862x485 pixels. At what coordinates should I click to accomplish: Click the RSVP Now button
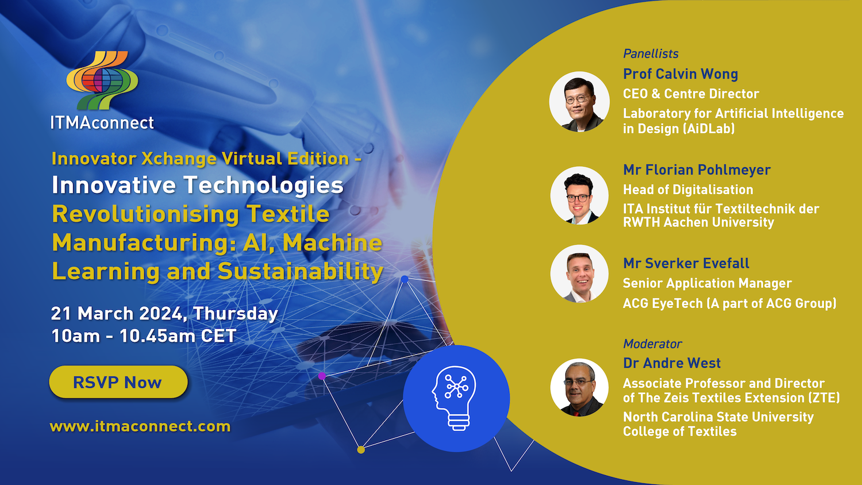118,382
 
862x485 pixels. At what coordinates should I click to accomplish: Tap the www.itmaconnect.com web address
140,426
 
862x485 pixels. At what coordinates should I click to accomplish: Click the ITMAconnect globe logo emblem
102,80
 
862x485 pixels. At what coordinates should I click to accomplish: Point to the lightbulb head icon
456,398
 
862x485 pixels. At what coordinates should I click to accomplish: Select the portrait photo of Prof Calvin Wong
579,102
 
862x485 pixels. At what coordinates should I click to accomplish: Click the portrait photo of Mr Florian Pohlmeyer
579,195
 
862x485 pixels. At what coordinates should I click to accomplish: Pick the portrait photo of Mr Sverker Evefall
579,274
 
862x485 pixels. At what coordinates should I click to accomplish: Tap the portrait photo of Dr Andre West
579,387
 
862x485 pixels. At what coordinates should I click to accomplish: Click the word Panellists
651,54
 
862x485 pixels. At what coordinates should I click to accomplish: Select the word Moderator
652,344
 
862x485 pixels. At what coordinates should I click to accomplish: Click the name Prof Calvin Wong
680,74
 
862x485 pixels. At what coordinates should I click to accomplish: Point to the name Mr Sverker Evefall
686,263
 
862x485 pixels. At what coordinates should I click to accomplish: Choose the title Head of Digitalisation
688,190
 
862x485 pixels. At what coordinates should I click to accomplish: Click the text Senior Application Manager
707,283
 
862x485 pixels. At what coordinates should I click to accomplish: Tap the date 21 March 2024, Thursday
164,313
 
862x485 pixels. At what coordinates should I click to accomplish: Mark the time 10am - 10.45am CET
144,336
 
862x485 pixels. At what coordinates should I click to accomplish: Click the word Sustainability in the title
300,271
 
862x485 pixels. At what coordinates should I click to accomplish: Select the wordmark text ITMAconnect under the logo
102,122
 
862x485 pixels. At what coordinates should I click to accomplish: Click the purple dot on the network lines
322,376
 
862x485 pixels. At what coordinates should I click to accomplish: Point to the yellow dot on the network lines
361,449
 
